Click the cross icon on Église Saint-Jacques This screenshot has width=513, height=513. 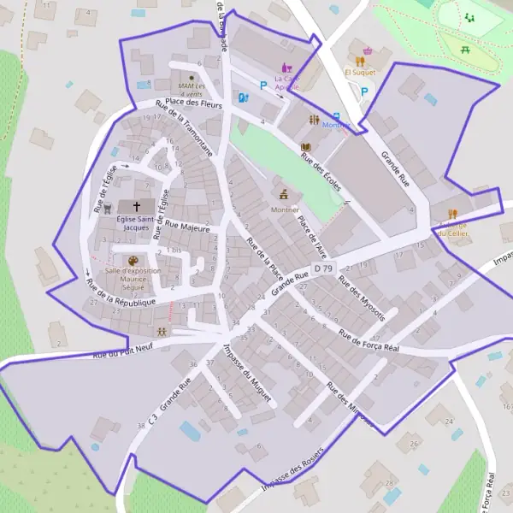pos(137,207)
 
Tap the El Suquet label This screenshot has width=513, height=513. pos(360,73)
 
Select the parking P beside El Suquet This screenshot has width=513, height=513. pos(365,91)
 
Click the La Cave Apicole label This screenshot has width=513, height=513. pos(287,82)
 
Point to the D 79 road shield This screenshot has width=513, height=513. pos(322,268)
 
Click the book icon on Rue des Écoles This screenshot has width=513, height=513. pos(305,147)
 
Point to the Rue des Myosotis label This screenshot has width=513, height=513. pos(361,295)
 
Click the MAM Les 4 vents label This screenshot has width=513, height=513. pos(192,86)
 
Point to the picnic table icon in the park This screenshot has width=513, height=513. pos(465,50)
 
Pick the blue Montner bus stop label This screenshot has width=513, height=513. pos(335,125)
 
